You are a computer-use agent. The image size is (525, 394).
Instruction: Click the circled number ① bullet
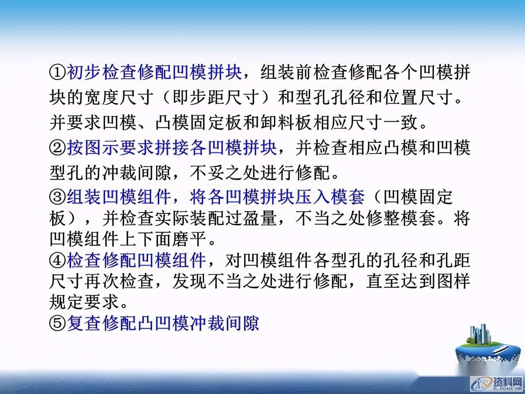(58, 72)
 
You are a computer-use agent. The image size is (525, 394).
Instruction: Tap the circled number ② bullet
(58, 147)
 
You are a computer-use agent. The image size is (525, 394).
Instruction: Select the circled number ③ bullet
(58, 197)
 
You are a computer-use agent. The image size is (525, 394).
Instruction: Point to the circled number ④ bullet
(58, 260)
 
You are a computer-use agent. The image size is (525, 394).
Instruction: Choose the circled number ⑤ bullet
(58, 323)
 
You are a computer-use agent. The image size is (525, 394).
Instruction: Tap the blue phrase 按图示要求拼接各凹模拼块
(172, 147)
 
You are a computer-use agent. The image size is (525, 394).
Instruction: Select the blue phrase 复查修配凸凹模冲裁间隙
(163, 323)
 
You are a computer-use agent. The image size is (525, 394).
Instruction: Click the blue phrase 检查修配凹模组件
(136, 260)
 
